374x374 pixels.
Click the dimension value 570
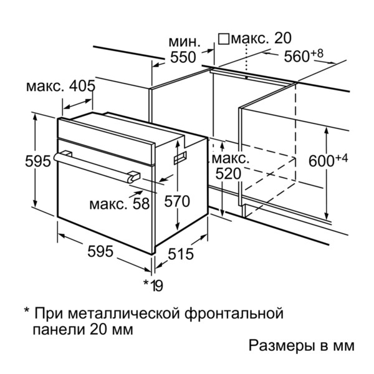tap(177, 201)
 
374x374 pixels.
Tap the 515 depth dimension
tap(181, 254)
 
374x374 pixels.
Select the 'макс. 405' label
tap(60, 86)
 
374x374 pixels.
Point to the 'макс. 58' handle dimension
tap(120, 204)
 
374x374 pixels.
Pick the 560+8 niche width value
tap(304, 56)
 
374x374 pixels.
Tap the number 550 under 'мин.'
tap(183, 57)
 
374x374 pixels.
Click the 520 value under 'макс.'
tap(228, 174)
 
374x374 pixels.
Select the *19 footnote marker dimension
tap(153, 285)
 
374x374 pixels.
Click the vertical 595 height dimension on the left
tap(38, 161)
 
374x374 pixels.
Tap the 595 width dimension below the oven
tap(100, 251)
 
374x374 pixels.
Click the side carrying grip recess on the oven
tap(180, 158)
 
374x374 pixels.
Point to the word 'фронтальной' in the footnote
tap(234, 314)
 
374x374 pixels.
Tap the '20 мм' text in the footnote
tap(111, 330)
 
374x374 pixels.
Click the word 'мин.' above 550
tap(185, 42)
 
